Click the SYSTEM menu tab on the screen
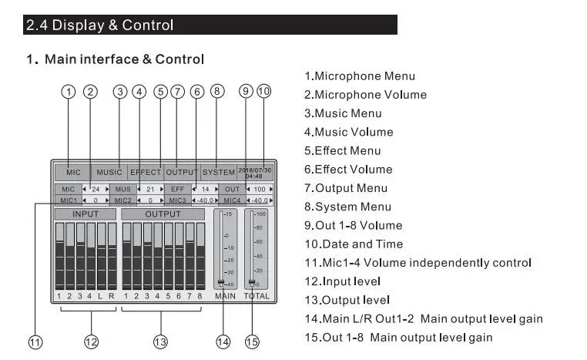pyautogui.click(x=219, y=173)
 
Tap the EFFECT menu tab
pyautogui.click(x=146, y=173)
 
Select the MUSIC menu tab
pyautogui.click(x=109, y=173)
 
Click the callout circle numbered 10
pyautogui.click(x=264, y=92)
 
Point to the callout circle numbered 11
pyautogui.click(x=35, y=342)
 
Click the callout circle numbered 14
pyautogui.click(x=223, y=341)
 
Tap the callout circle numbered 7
pyautogui.click(x=177, y=92)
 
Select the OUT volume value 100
pyautogui.click(x=260, y=189)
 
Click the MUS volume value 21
pyautogui.click(x=150, y=189)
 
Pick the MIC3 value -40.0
pyautogui.click(x=205, y=200)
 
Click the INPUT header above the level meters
pyautogui.click(x=86, y=214)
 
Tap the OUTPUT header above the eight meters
pyautogui.click(x=163, y=214)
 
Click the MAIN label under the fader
pyautogui.click(x=226, y=296)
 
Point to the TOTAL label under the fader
pyautogui.click(x=257, y=296)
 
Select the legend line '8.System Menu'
pyautogui.click(x=347, y=207)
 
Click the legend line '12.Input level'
pyautogui.click(x=343, y=281)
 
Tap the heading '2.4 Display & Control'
pyautogui.click(x=100, y=25)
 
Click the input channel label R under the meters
pyautogui.click(x=111, y=296)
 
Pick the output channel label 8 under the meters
pyautogui.click(x=200, y=296)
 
